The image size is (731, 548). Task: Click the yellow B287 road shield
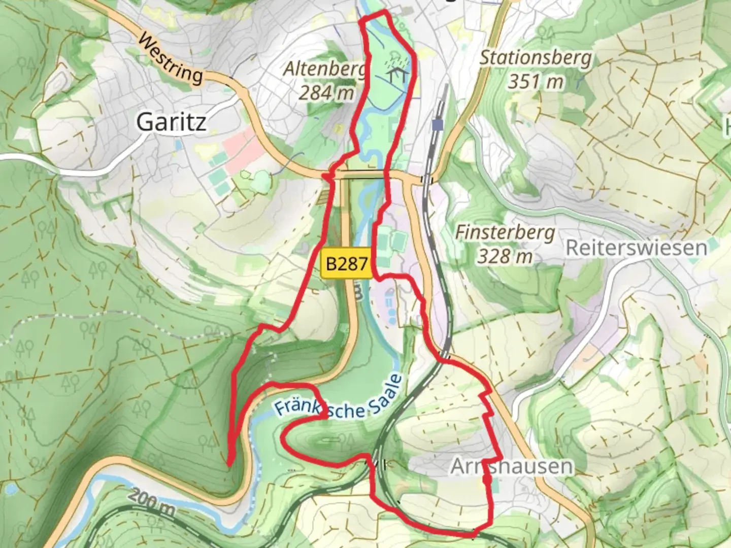pos(347,263)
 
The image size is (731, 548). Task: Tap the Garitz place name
pos(171,122)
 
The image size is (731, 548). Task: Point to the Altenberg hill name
pos(325,69)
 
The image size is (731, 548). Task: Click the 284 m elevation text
pos(326,92)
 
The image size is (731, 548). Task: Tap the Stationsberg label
pos(536,57)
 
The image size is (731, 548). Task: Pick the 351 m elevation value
pos(536,81)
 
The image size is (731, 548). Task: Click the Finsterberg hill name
pos(505,232)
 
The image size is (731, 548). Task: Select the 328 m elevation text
pos(505,256)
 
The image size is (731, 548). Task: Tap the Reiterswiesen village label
pos(636,248)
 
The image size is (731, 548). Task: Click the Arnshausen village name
pos(512,466)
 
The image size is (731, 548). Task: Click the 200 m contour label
pos(151,502)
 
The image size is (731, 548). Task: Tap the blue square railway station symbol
pos(436,124)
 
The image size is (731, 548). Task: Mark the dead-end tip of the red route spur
pos(229,463)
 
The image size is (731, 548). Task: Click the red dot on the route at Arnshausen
pos(487,478)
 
